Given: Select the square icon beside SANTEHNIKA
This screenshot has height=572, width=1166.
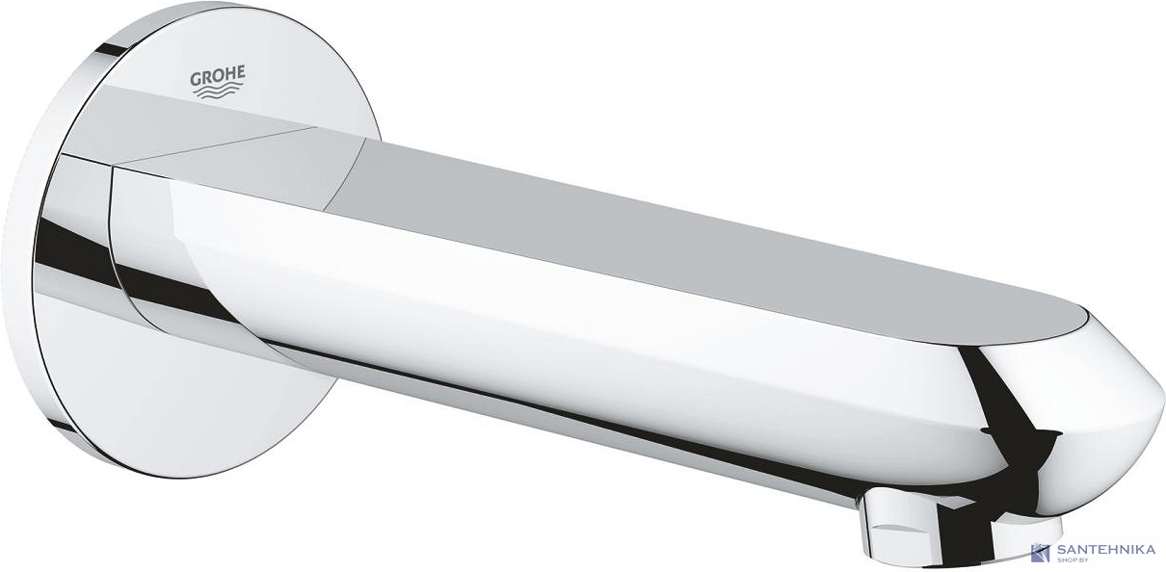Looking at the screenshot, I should pyautogui.click(x=1040, y=554).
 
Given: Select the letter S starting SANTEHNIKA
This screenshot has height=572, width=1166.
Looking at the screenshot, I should pyautogui.click(x=1061, y=548).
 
